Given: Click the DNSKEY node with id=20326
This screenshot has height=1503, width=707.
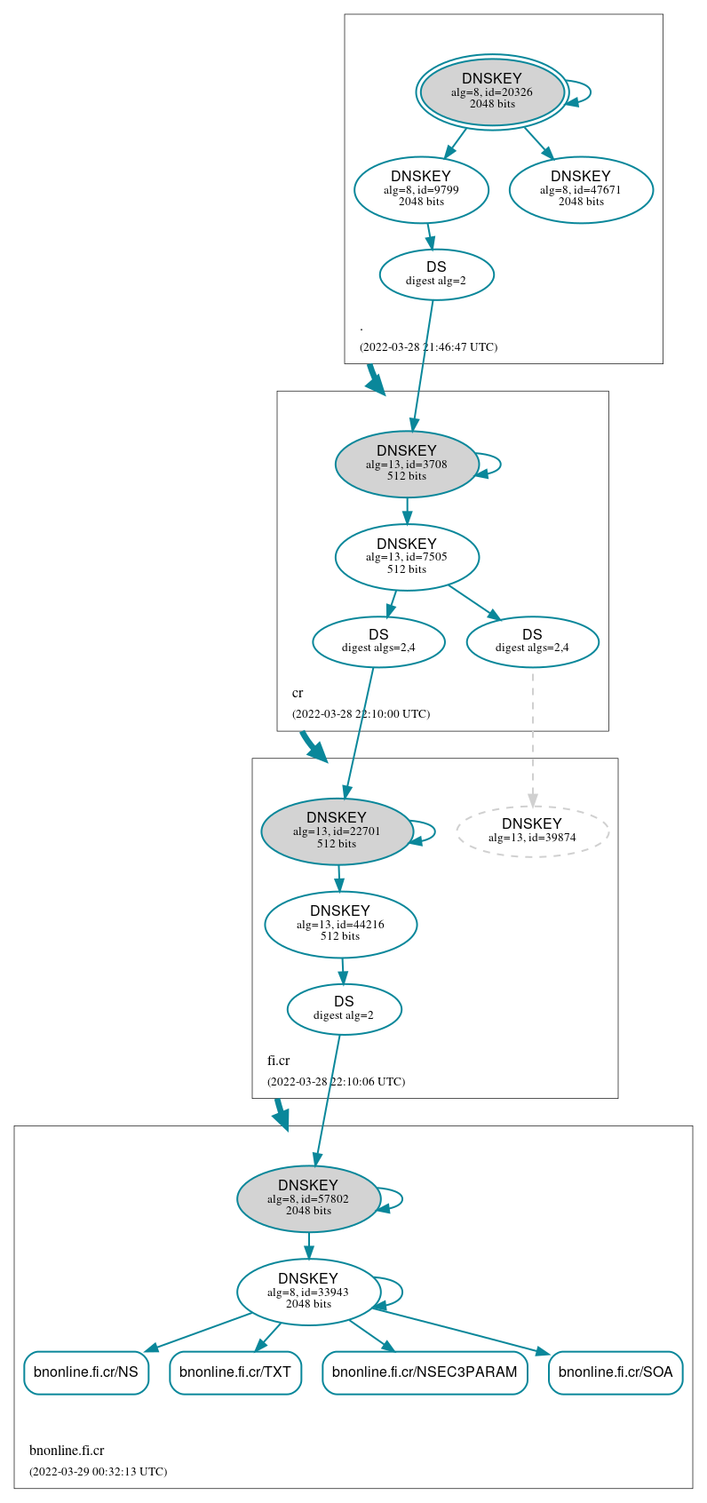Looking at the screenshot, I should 492,91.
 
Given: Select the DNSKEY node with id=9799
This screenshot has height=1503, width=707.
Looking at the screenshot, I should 421,189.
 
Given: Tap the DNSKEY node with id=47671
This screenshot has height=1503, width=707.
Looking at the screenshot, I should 581,189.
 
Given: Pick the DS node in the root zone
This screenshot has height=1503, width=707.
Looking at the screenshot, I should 436,274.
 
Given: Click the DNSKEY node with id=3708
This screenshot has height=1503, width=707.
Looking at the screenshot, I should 407,464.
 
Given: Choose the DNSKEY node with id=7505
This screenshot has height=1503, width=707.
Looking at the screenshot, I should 407,557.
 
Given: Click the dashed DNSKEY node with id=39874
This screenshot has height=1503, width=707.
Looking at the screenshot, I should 532,831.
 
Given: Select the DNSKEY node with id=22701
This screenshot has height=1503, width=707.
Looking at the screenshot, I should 337,831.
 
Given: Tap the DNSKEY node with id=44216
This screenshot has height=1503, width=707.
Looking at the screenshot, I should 340,925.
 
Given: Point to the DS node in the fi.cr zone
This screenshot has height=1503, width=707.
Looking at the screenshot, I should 344,1009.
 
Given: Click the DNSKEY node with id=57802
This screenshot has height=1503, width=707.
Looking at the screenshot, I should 308,1199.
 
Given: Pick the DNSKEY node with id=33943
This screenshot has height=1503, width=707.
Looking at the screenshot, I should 308,1292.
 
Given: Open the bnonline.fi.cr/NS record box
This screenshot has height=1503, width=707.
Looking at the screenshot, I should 85,1372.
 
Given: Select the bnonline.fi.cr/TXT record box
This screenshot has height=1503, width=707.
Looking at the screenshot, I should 235,1372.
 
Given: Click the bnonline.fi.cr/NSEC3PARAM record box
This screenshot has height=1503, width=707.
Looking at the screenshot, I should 425,1372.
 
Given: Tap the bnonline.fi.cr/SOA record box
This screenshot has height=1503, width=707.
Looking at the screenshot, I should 616,1372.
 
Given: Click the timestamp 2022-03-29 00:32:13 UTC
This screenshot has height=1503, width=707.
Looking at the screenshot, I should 98,1472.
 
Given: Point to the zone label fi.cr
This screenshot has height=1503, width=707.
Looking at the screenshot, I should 279,1061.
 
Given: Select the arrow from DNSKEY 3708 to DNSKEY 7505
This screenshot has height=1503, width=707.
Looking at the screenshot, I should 408,510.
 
